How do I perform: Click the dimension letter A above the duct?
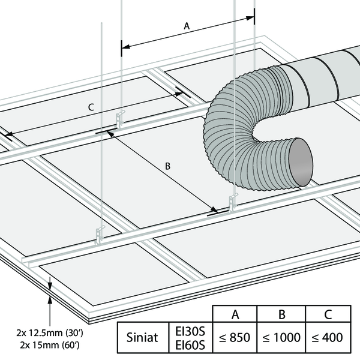coord(187,26)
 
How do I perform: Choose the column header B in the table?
coord(281,313)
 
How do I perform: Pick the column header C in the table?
coord(327,313)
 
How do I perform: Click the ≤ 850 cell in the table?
coord(235,337)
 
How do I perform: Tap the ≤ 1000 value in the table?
coord(281,337)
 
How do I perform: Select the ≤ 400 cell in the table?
coord(327,337)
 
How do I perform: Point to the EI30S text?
coord(190,331)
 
